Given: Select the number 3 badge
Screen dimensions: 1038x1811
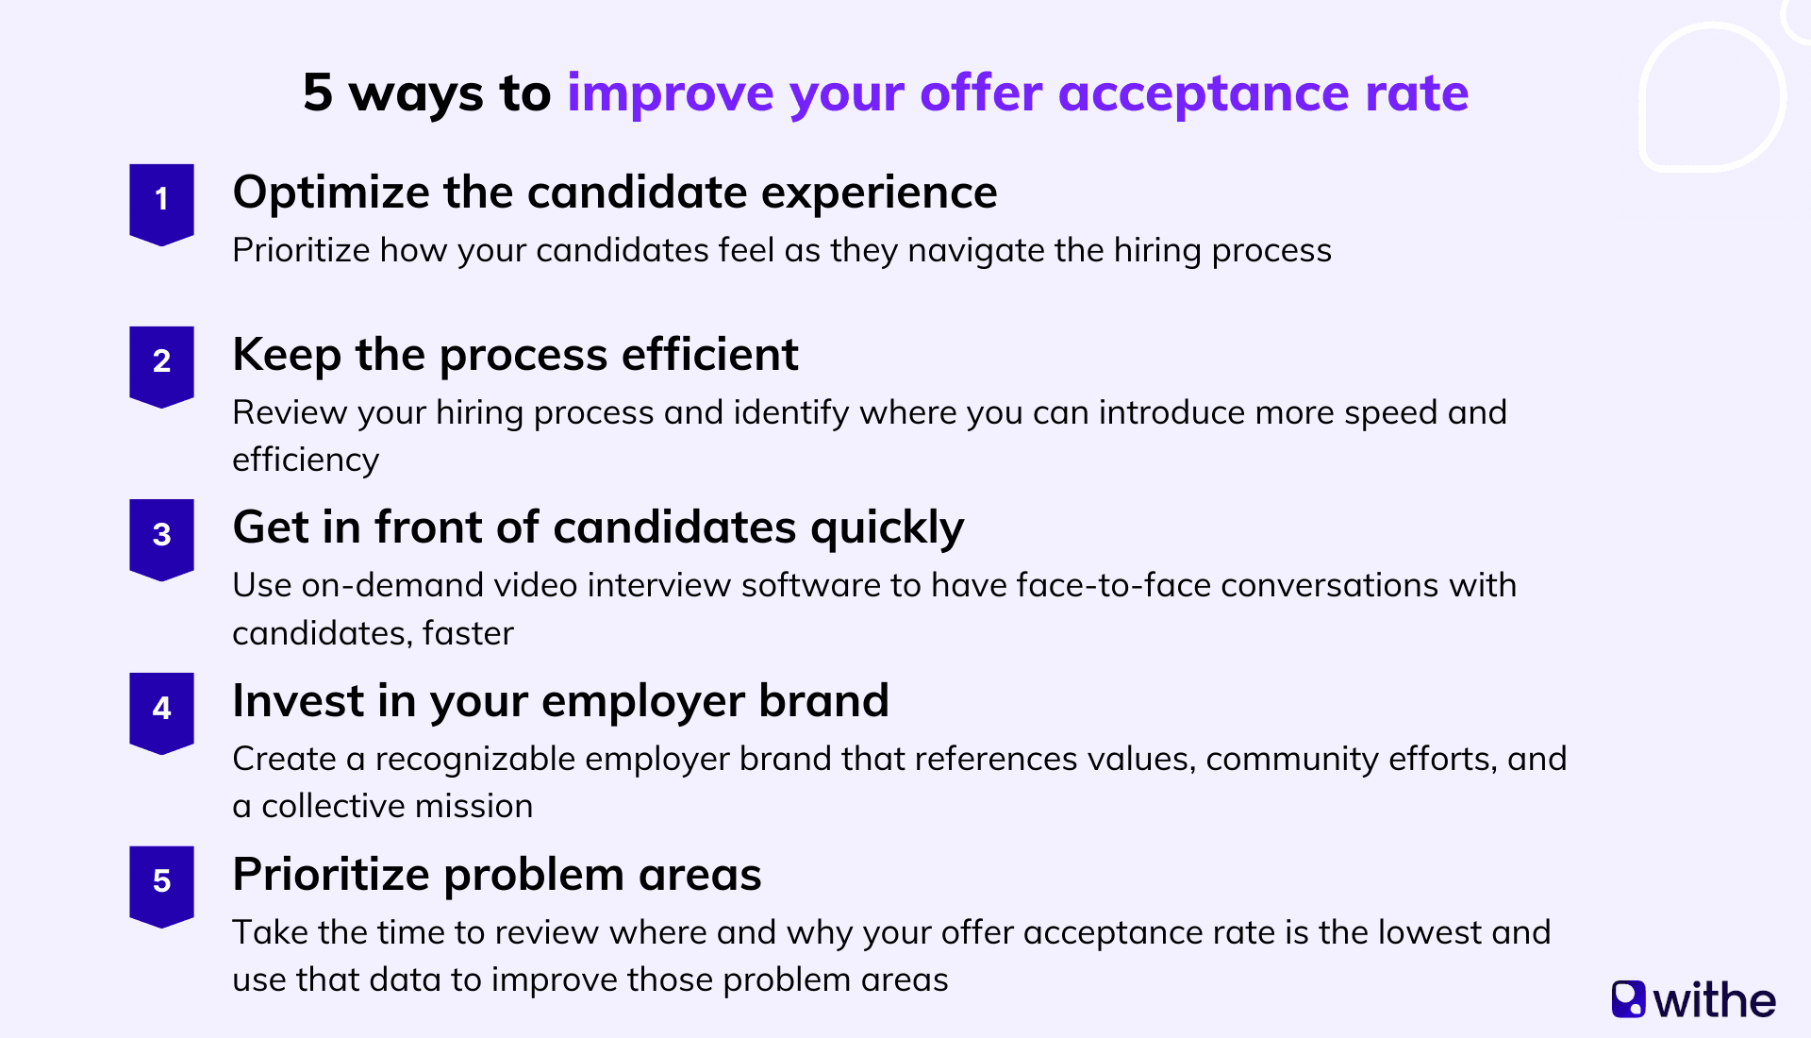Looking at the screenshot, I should tap(161, 537).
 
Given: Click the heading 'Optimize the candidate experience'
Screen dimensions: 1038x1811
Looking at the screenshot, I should tap(614, 193).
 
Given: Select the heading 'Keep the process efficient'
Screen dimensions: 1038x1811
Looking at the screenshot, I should tap(515, 356).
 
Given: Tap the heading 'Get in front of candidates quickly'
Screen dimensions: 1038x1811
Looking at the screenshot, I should tap(598, 527).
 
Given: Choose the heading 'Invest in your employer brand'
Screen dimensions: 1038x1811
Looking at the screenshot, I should tap(560, 701).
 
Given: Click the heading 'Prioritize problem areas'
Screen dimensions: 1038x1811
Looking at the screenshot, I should tap(496, 875).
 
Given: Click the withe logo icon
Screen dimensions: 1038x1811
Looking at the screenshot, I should tap(1628, 999).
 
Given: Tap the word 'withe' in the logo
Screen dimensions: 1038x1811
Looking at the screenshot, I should tap(1714, 1000).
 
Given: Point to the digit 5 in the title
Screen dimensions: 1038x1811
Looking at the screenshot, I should tap(318, 92).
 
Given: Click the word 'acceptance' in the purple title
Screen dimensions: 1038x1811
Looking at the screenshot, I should tap(1204, 94).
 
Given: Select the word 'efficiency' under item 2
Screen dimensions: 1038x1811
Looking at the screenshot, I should tap(306, 460).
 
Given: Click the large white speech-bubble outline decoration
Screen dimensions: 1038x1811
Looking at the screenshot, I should tap(1712, 97).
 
